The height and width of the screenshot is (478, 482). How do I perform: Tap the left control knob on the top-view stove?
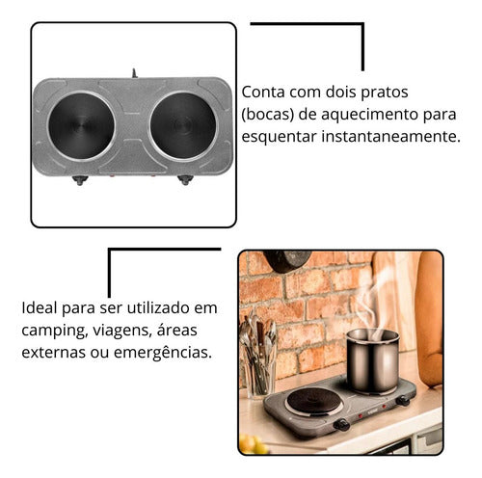tap(80, 180)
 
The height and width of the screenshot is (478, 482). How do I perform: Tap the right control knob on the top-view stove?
tap(183, 180)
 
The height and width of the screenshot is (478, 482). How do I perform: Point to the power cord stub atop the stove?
tap(134, 73)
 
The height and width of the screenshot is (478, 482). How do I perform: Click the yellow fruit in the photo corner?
tap(249, 444)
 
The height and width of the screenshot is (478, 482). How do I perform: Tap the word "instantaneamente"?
tap(390, 137)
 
